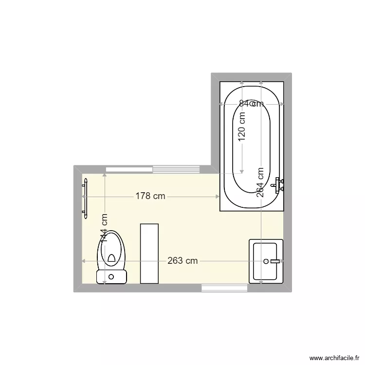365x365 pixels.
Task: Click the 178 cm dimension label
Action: [x=150, y=196]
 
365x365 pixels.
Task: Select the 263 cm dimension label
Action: [x=182, y=261]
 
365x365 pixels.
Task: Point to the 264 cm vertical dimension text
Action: [x=261, y=183]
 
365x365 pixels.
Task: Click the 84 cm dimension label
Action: [x=251, y=103]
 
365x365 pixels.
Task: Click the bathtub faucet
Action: [x=279, y=184]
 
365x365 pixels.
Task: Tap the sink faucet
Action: [x=275, y=261]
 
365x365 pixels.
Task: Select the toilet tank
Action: [x=111, y=277]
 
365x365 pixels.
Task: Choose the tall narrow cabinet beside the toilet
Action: [x=149, y=253]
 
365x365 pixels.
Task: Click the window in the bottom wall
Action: [x=224, y=288]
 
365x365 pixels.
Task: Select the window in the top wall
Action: [x=153, y=169]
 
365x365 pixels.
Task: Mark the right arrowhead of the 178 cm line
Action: [x=218, y=196]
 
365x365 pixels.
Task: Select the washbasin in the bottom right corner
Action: [x=266, y=261]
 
